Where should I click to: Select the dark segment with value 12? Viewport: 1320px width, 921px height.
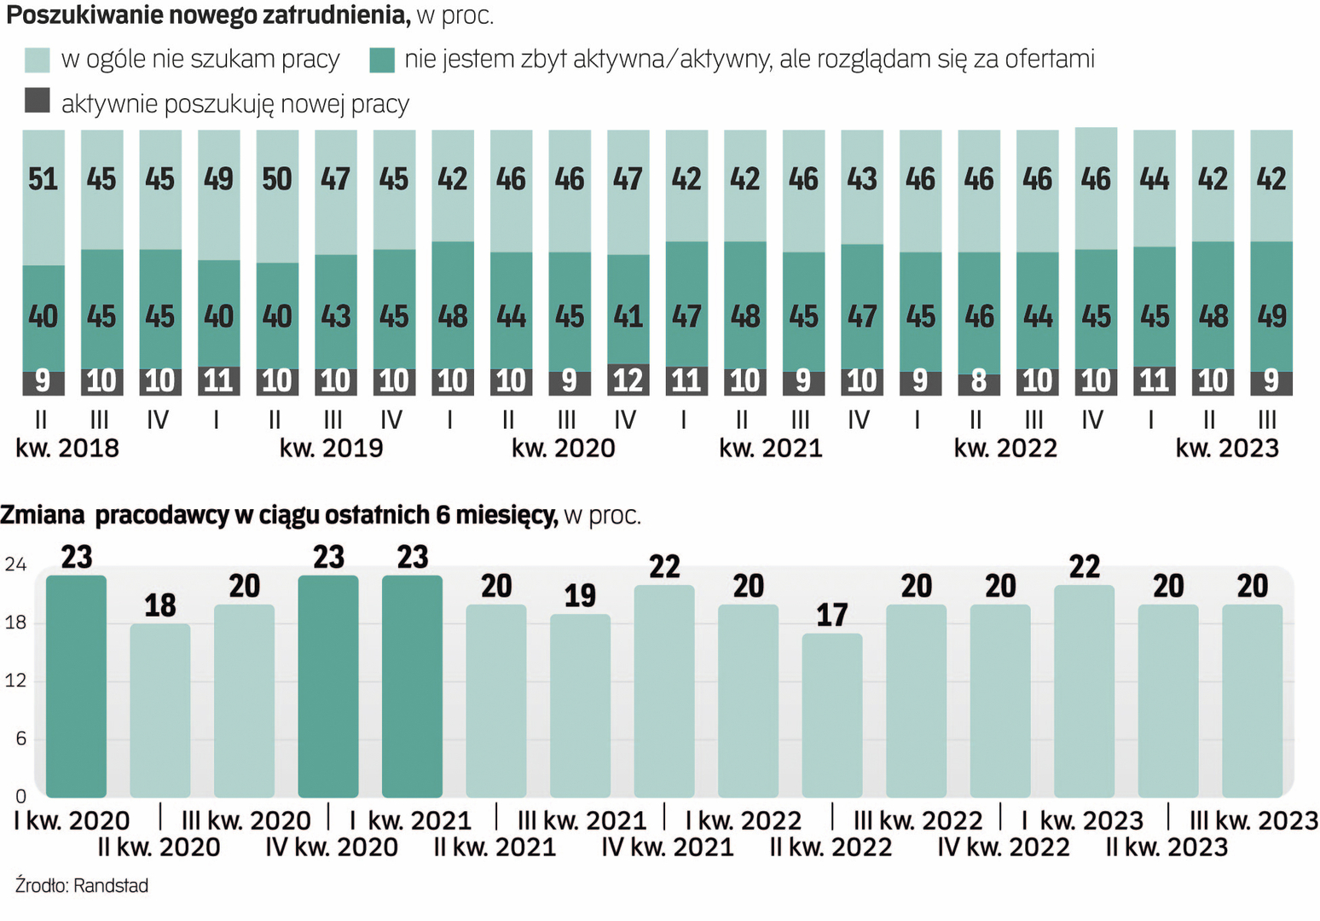[x=628, y=379]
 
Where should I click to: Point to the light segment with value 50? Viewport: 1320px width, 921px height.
[x=277, y=197]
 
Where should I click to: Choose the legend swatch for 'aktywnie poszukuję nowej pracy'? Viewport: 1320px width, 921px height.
[x=38, y=101]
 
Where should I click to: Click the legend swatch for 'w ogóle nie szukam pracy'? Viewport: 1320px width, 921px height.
[x=38, y=60]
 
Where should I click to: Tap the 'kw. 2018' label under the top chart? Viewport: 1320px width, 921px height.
[x=67, y=449]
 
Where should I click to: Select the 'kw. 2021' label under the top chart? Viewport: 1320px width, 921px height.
[x=771, y=449]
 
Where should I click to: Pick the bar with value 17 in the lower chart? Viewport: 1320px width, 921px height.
[x=832, y=715]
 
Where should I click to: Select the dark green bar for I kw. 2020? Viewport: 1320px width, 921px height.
[x=76, y=686]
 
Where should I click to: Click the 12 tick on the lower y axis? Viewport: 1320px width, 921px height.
[x=15, y=681]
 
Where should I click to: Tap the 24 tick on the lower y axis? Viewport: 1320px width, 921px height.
[x=15, y=565]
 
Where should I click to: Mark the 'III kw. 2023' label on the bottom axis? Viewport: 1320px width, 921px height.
[x=1253, y=820]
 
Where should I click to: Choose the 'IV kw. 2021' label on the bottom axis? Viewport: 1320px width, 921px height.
[x=668, y=848]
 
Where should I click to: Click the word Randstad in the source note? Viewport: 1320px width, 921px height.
[x=111, y=886]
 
